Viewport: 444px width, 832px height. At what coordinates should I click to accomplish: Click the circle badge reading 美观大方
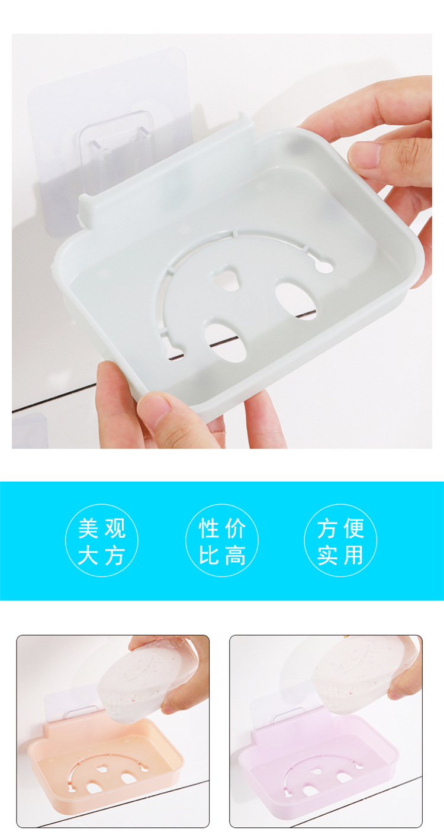101,540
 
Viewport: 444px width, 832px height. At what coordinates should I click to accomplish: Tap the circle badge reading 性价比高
222,540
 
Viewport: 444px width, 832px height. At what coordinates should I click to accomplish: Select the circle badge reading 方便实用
340,540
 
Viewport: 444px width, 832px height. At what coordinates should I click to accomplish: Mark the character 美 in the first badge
88,528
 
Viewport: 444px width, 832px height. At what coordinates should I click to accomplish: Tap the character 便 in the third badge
353,528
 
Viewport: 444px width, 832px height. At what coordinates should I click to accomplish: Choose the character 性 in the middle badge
208,528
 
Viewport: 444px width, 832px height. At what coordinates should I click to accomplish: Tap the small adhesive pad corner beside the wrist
29,431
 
